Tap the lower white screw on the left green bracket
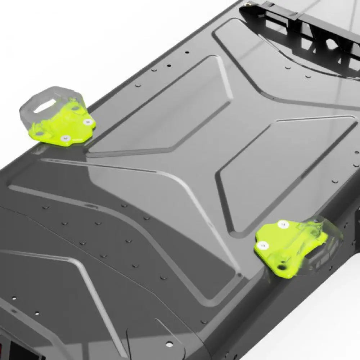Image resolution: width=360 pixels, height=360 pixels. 65,138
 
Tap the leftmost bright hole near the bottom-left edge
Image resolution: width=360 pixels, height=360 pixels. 13,298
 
